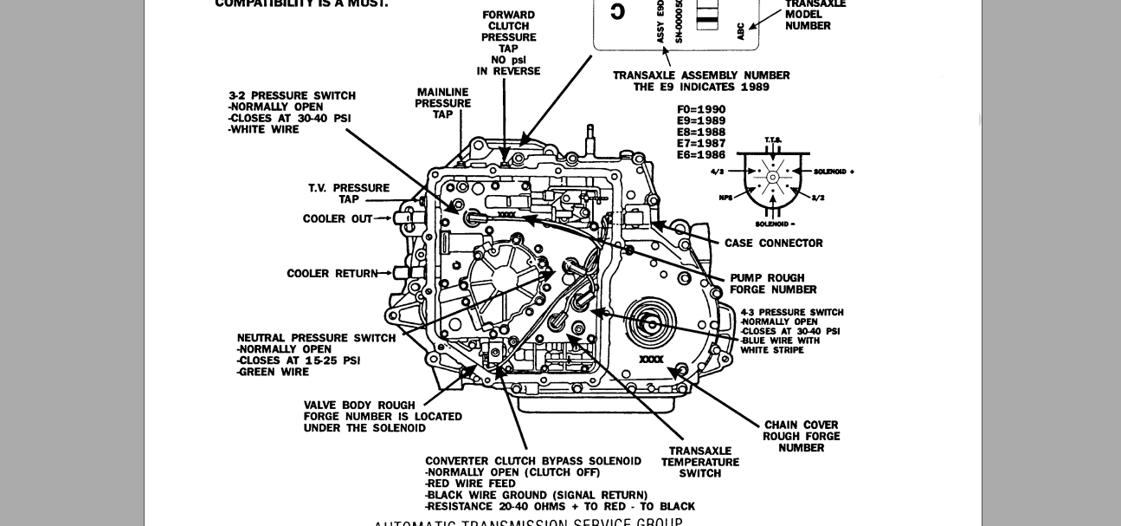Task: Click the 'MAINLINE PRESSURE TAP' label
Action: (x=442, y=103)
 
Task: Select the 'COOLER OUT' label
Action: (x=337, y=219)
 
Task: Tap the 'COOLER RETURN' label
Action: (x=332, y=274)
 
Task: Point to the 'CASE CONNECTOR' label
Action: (x=773, y=244)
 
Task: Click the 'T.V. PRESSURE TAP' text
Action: (x=349, y=193)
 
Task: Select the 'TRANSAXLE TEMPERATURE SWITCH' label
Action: (x=699, y=462)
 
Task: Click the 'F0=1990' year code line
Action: (x=701, y=110)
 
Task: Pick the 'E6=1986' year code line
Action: (x=701, y=155)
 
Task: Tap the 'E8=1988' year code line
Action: (x=701, y=133)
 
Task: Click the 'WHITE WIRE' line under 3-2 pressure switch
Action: (x=265, y=130)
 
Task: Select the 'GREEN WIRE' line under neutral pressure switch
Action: (x=274, y=373)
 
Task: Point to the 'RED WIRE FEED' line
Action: (x=472, y=484)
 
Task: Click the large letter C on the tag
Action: (x=617, y=11)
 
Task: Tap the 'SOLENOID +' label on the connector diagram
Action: (x=833, y=172)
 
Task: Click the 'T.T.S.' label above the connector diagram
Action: (x=773, y=140)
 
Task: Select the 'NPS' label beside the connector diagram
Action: (x=725, y=198)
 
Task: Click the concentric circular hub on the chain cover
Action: (x=651, y=323)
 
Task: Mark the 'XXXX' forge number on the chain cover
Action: (x=651, y=359)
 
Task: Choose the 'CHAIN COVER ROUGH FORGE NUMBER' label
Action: (x=801, y=437)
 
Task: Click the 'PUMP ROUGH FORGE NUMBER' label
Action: (x=773, y=284)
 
